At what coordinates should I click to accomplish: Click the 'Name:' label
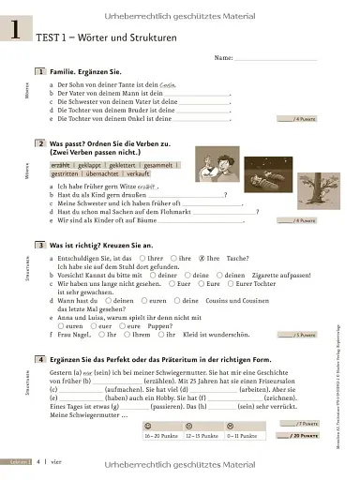tap(223, 58)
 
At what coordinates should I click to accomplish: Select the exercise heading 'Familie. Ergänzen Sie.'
tap(87, 71)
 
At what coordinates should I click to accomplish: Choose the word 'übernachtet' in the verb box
tap(105, 173)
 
